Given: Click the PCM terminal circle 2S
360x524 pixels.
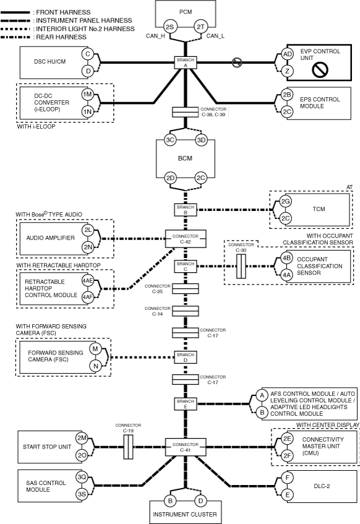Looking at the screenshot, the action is tap(170, 27).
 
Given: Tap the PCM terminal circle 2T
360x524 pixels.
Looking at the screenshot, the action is tap(200, 27).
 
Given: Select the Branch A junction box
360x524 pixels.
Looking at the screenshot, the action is tap(186, 62).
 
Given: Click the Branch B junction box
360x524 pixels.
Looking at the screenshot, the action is tap(186, 210).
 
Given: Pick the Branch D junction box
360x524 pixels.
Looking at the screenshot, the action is tap(186, 357).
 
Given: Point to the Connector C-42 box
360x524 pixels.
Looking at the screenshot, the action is tap(186, 239).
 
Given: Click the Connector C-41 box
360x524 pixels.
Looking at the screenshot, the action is tap(186, 447).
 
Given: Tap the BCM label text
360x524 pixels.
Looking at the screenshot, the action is tap(185, 158).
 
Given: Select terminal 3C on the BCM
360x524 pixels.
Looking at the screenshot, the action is tap(170, 140).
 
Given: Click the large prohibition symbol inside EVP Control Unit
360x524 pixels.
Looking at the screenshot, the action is tap(320, 70).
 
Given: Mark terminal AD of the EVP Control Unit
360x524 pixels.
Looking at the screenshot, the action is tap(288, 54).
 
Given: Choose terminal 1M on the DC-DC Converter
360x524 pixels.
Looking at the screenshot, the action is tap(87, 95).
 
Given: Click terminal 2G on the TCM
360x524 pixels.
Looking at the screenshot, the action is tap(285, 202).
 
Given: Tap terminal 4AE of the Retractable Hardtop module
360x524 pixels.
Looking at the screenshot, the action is tap(88, 280).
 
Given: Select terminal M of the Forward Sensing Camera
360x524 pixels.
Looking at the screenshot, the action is tap(95, 349).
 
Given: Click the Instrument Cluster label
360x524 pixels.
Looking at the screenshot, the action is tap(185, 514).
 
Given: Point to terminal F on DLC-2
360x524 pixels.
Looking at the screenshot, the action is tap(288, 478).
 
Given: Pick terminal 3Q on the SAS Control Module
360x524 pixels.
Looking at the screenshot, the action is tap(82, 477).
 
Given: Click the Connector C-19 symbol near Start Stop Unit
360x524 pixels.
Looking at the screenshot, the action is tap(128, 447).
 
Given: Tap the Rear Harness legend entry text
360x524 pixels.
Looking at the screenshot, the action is tap(61, 37).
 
